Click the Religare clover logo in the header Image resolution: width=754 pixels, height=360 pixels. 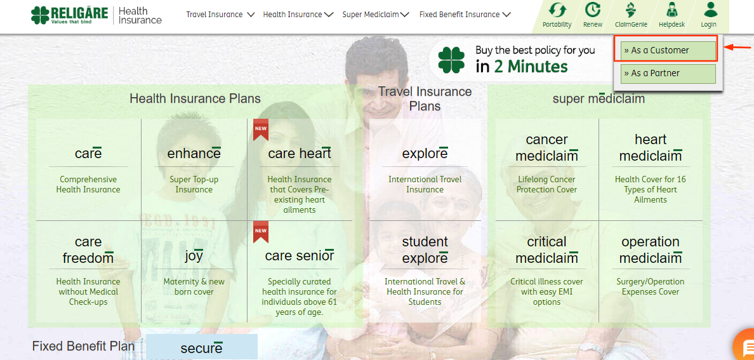[40, 15]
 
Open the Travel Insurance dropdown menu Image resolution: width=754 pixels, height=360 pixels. [220, 15]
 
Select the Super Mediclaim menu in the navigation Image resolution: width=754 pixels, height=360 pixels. [376, 15]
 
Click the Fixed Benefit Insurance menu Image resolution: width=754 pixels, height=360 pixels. [465, 15]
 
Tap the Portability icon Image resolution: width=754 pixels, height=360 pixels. [557, 10]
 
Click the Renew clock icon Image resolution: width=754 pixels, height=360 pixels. [592, 10]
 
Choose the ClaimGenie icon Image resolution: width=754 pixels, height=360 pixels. [631, 10]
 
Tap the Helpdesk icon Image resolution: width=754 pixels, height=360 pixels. [671, 10]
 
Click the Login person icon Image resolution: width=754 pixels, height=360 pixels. [710, 10]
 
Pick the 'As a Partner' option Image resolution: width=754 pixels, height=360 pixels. [668, 74]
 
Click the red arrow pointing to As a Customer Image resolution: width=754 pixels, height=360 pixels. [737, 47]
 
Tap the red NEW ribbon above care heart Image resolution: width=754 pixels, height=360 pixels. [261, 130]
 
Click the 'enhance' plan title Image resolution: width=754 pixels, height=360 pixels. [194, 154]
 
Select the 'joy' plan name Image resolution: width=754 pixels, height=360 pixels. [194, 256]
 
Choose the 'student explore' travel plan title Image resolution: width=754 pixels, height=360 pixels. [425, 250]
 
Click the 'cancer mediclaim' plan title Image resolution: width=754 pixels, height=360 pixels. [546, 148]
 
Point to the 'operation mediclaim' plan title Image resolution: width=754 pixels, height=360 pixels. [651, 250]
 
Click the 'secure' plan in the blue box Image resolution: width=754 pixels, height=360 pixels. [201, 348]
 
